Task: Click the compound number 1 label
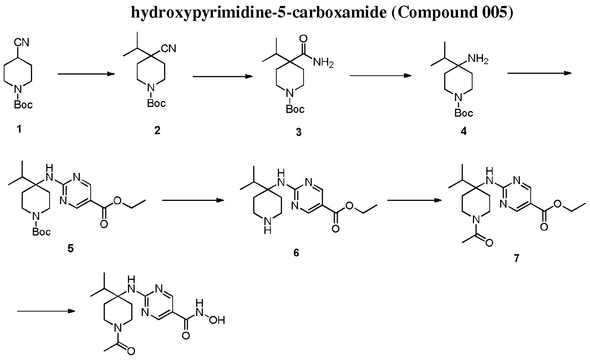tap(19, 129)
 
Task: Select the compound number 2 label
tap(157, 130)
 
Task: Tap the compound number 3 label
tap(298, 132)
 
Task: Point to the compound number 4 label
tap(464, 131)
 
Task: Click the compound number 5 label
tap(70, 248)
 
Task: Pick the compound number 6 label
tap(296, 253)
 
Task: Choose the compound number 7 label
tap(516, 258)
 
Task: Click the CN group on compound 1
tap(21, 42)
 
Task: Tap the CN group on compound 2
tap(168, 48)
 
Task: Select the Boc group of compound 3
tap(295, 109)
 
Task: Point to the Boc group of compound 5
tap(41, 231)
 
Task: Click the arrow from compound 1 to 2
tap(86, 74)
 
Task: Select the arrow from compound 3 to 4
tap(381, 76)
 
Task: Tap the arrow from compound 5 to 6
tap(193, 200)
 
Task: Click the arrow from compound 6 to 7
tap(415, 200)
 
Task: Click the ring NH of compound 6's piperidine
tap(268, 226)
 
